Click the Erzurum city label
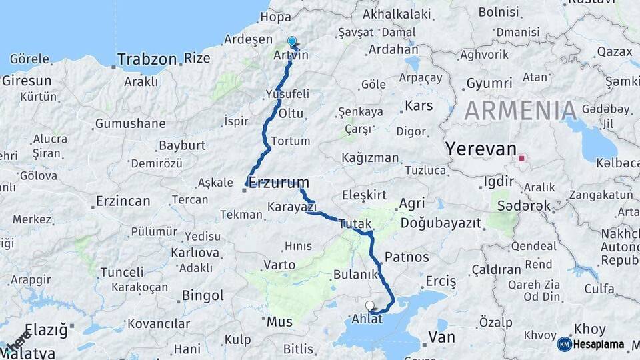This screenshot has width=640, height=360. [279, 182]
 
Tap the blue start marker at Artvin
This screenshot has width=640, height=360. [291, 41]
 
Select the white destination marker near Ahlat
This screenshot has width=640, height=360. [370, 305]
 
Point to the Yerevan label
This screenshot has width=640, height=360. [481, 149]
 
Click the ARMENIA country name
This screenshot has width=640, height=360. [520, 111]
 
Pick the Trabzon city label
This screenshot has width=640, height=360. [147, 59]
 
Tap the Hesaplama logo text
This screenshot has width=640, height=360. [600, 344]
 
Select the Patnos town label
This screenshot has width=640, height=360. [407, 257]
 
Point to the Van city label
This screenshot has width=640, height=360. [441, 337]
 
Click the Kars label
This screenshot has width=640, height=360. [419, 106]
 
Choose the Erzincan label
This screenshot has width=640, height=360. [123, 201]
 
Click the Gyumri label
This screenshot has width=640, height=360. [489, 83]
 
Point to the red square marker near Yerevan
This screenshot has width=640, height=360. [522, 159]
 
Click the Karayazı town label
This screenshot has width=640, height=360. [291, 207]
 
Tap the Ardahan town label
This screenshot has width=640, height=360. [393, 49]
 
